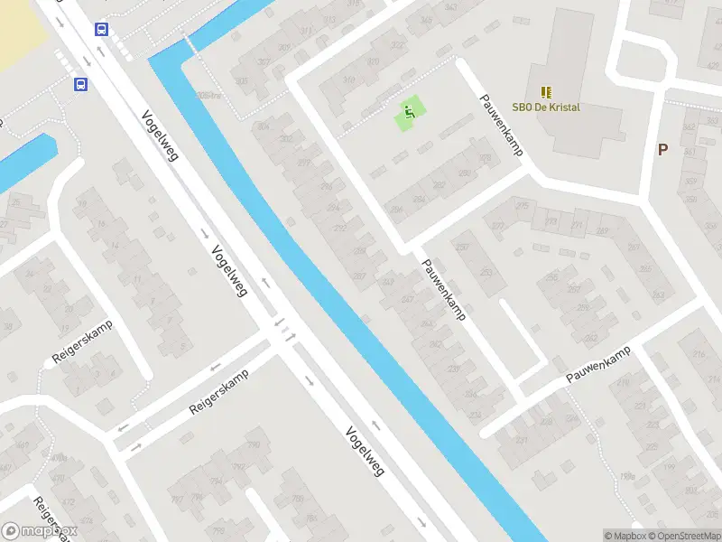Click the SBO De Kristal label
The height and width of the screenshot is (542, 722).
pyautogui.click(x=546, y=107)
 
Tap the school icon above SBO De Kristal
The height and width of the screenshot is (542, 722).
pyautogui.click(x=546, y=91)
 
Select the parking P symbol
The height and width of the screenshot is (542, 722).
pyautogui.click(x=662, y=150)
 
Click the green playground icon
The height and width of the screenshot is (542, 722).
pyautogui.click(x=410, y=113)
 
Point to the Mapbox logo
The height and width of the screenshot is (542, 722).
pyautogui.click(x=38, y=531)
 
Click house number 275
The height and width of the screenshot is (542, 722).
pyautogui.click(x=523, y=206)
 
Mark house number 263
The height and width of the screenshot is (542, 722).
pyautogui.click(x=658, y=294)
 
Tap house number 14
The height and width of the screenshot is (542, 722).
pyautogui.click(x=116, y=246)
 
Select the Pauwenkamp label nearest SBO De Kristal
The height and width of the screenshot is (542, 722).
pyautogui.click(x=502, y=126)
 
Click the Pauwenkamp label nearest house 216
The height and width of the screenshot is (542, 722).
pyautogui.click(x=597, y=366)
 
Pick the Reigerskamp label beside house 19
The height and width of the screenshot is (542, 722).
pyautogui.click(x=81, y=342)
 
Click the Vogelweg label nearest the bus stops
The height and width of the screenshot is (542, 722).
pyautogui.click(x=160, y=135)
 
